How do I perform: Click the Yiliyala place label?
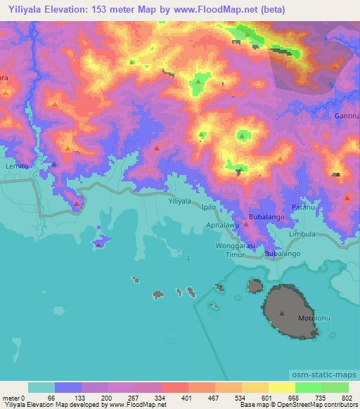(x=180, y=201)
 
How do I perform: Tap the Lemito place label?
(x=15, y=166)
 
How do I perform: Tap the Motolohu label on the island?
(x=312, y=318)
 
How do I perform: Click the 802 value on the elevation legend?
(x=347, y=398)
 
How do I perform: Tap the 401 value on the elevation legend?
(x=186, y=398)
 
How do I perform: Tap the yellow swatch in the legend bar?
(x=281, y=387)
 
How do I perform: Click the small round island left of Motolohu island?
(x=255, y=286)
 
